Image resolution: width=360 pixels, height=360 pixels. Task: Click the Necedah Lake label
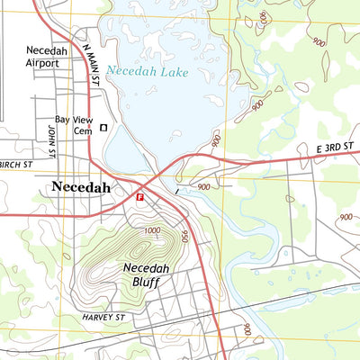pyautogui.click(x=147, y=71)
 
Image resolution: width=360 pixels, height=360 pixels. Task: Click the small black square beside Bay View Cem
pyautogui.click(x=103, y=128)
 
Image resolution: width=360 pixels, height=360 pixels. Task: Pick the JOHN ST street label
pyautogui.click(x=51, y=139)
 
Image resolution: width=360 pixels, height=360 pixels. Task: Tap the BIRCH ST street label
pyautogui.click(x=16, y=166)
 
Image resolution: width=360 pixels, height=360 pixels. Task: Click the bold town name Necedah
pyautogui.click(x=81, y=187)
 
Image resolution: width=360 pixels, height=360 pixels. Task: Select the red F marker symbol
pyautogui.click(x=139, y=196)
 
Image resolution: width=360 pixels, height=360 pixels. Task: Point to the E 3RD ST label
pyautogui.click(x=336, y=147)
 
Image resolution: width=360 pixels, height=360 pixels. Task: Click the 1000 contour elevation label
pyautogui.click(x=150, y=231)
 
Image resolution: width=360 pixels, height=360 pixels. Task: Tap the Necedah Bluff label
pyautogui.click(x=145, y=274)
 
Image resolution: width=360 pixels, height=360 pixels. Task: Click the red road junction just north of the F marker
pyautogui.click(x=160, y=172)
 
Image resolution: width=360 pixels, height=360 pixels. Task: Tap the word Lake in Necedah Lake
pyautogui.click(x=172, y=72)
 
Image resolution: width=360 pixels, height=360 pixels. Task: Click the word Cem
pyautogui.click(x=84, y=131)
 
